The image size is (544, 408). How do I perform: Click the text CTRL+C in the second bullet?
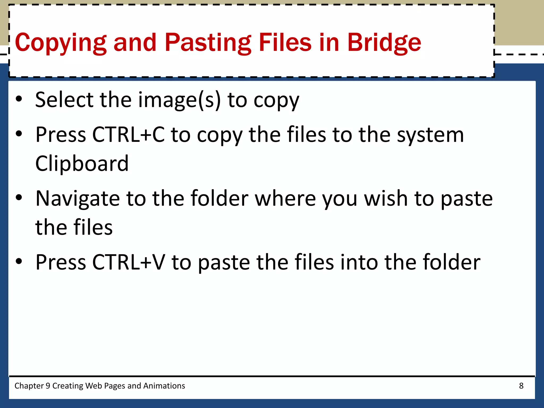coord(128,135)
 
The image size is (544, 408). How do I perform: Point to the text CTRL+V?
coord(129,262)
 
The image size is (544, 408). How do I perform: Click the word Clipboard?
coord(82,163)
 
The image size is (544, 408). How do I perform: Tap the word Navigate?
coord(78,198)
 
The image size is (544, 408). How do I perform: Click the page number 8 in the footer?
coord(521,386)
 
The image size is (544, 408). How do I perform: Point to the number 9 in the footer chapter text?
coord(48,386)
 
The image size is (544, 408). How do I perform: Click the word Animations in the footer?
coord(164,386)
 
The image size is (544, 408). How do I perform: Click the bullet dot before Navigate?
coord(19,197)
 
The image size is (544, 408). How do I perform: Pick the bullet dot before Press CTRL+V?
coord(19,261)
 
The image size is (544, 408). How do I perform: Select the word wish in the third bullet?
coord(386,198)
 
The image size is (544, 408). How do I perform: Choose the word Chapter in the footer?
coord(29,386)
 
